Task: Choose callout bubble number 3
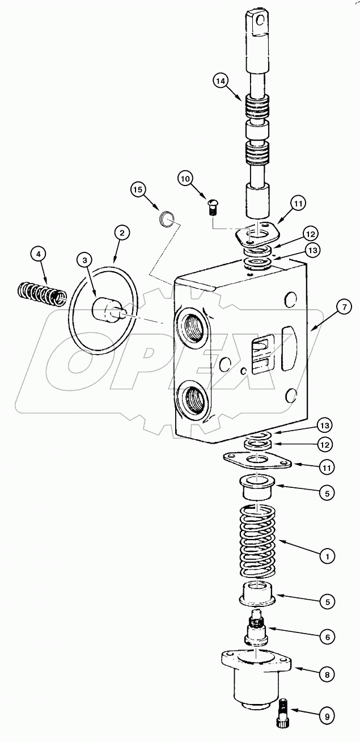point(85,260)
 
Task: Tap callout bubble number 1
point(327,556)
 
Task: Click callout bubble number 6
point(327,637)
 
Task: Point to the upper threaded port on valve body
point(190,326)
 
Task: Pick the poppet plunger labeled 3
point(105,309)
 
